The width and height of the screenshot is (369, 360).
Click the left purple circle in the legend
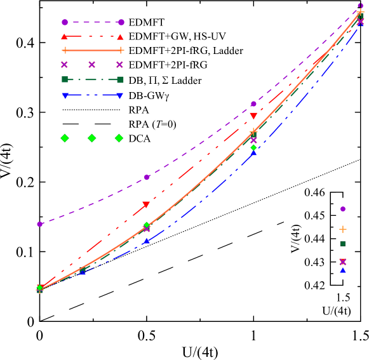pyautogui.click(x=65, y=22)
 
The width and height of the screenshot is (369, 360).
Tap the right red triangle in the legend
pyautogui.click(x=120, y=37)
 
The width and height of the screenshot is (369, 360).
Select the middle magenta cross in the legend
pyautogui.click(x=91, y=65)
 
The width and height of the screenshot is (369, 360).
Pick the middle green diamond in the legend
pyautogui.click(x=91, y=138)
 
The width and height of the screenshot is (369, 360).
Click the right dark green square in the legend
pyautogui.click(x=120, y=79)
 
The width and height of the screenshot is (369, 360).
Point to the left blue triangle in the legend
pyautogui.click(x=65, y=95)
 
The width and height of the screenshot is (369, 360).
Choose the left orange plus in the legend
pyautogui.click(x=65, y=50)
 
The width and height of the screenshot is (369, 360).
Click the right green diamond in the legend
pyautogui.click(x=119, y=138)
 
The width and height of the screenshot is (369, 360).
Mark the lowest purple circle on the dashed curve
pyautogui.click(x=39, y=224)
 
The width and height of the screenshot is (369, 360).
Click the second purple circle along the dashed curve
pyautogui.click(x=147, y=177)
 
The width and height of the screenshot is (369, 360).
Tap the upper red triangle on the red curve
pyautogui.click(x=253, y=116)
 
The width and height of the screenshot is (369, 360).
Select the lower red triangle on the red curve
pyautogui.click(x=146, y=204)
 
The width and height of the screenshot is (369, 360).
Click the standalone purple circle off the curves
pyautogui.click(x=343, y=209)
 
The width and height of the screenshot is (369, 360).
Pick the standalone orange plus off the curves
pyautogui.click(x=343, y=229)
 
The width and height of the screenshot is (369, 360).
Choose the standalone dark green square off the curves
pyautogui.click(x=343, y=244)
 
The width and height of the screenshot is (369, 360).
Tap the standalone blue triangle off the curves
pyautogui.click(x=343, y=270)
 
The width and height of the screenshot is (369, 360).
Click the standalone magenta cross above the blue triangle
pyautogui.click(x=343, y=262)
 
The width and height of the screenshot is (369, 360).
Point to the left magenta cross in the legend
pyautogui.click(x=64, y=65)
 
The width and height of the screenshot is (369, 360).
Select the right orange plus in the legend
pyautogui.click(x=120, y=50)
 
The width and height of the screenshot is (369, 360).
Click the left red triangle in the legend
pyautogui.click(x=64, y=37)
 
